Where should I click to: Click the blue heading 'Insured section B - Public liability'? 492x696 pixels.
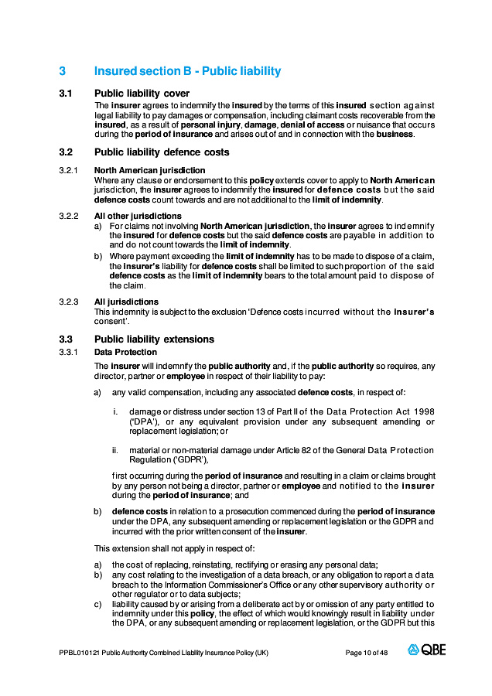(x=187, y=71)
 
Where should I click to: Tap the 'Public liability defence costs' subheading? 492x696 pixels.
(x=162, y=152)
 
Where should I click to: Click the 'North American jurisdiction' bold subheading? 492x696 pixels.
(x=149, y=170)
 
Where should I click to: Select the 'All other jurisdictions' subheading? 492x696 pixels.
(x=138, y=216)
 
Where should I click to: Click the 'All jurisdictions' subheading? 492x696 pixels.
(x=126, y=302)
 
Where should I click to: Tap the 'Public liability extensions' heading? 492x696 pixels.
(x=154, y=339)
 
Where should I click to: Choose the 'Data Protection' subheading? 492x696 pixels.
(x=125, y=353)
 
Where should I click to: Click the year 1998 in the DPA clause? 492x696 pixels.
(x=422, y=412)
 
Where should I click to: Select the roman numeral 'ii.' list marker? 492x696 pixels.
(x=115, y=450)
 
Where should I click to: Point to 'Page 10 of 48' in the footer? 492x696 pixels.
(x=367, y=653)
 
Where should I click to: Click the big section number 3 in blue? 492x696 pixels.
(x=62, y=71)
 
